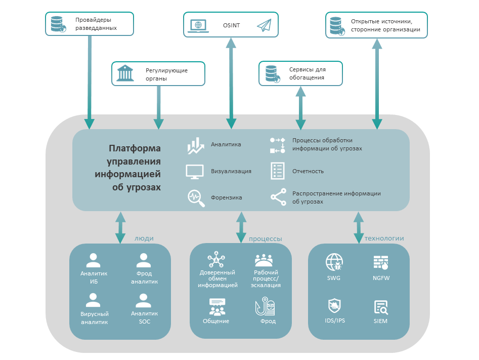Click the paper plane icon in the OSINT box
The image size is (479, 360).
coord(264,25)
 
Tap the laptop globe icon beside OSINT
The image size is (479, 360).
coord(198,25)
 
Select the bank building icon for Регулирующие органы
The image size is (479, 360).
coord(125,73)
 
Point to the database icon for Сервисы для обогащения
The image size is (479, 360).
coord(272,74)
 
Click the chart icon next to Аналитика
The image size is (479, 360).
coord(195,146)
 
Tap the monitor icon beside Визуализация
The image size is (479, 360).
coord(195,172)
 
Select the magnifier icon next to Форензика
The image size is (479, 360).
coord(196,197)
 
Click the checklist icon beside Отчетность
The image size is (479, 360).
coord(277,171)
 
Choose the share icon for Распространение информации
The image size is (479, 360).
coord(278,197)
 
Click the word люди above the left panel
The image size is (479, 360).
coord(144,238)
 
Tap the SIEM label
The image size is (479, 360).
coord(380,321)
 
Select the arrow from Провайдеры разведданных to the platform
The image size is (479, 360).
coord(90,81)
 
